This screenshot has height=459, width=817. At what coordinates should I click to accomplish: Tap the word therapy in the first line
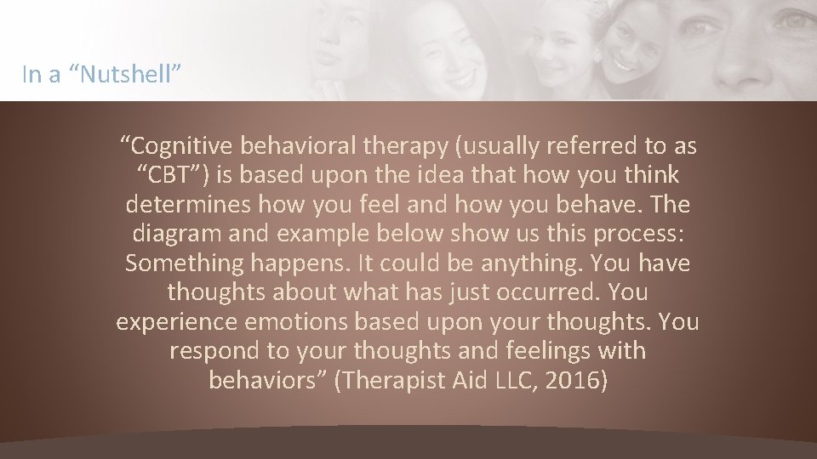pos(405,147)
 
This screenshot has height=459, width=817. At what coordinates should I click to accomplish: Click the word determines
pos(189,205)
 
